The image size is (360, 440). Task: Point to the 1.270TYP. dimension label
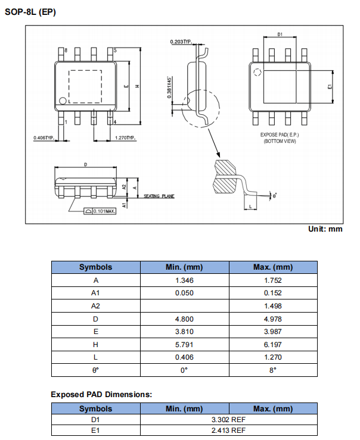coord(124,138)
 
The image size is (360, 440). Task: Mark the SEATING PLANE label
coord(159,196)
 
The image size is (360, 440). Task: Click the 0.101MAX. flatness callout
coord(104,211)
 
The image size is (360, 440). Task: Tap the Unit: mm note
coord(325,229)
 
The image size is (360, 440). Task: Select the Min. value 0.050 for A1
coord(184,293)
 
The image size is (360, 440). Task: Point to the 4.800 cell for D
coord(184,319)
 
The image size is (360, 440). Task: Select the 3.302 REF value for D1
coord(229,420)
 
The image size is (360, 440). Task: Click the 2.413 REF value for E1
coord(229,430)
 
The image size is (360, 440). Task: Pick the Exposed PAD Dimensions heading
coord(101,394)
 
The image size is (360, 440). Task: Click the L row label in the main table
coord(95,357)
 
